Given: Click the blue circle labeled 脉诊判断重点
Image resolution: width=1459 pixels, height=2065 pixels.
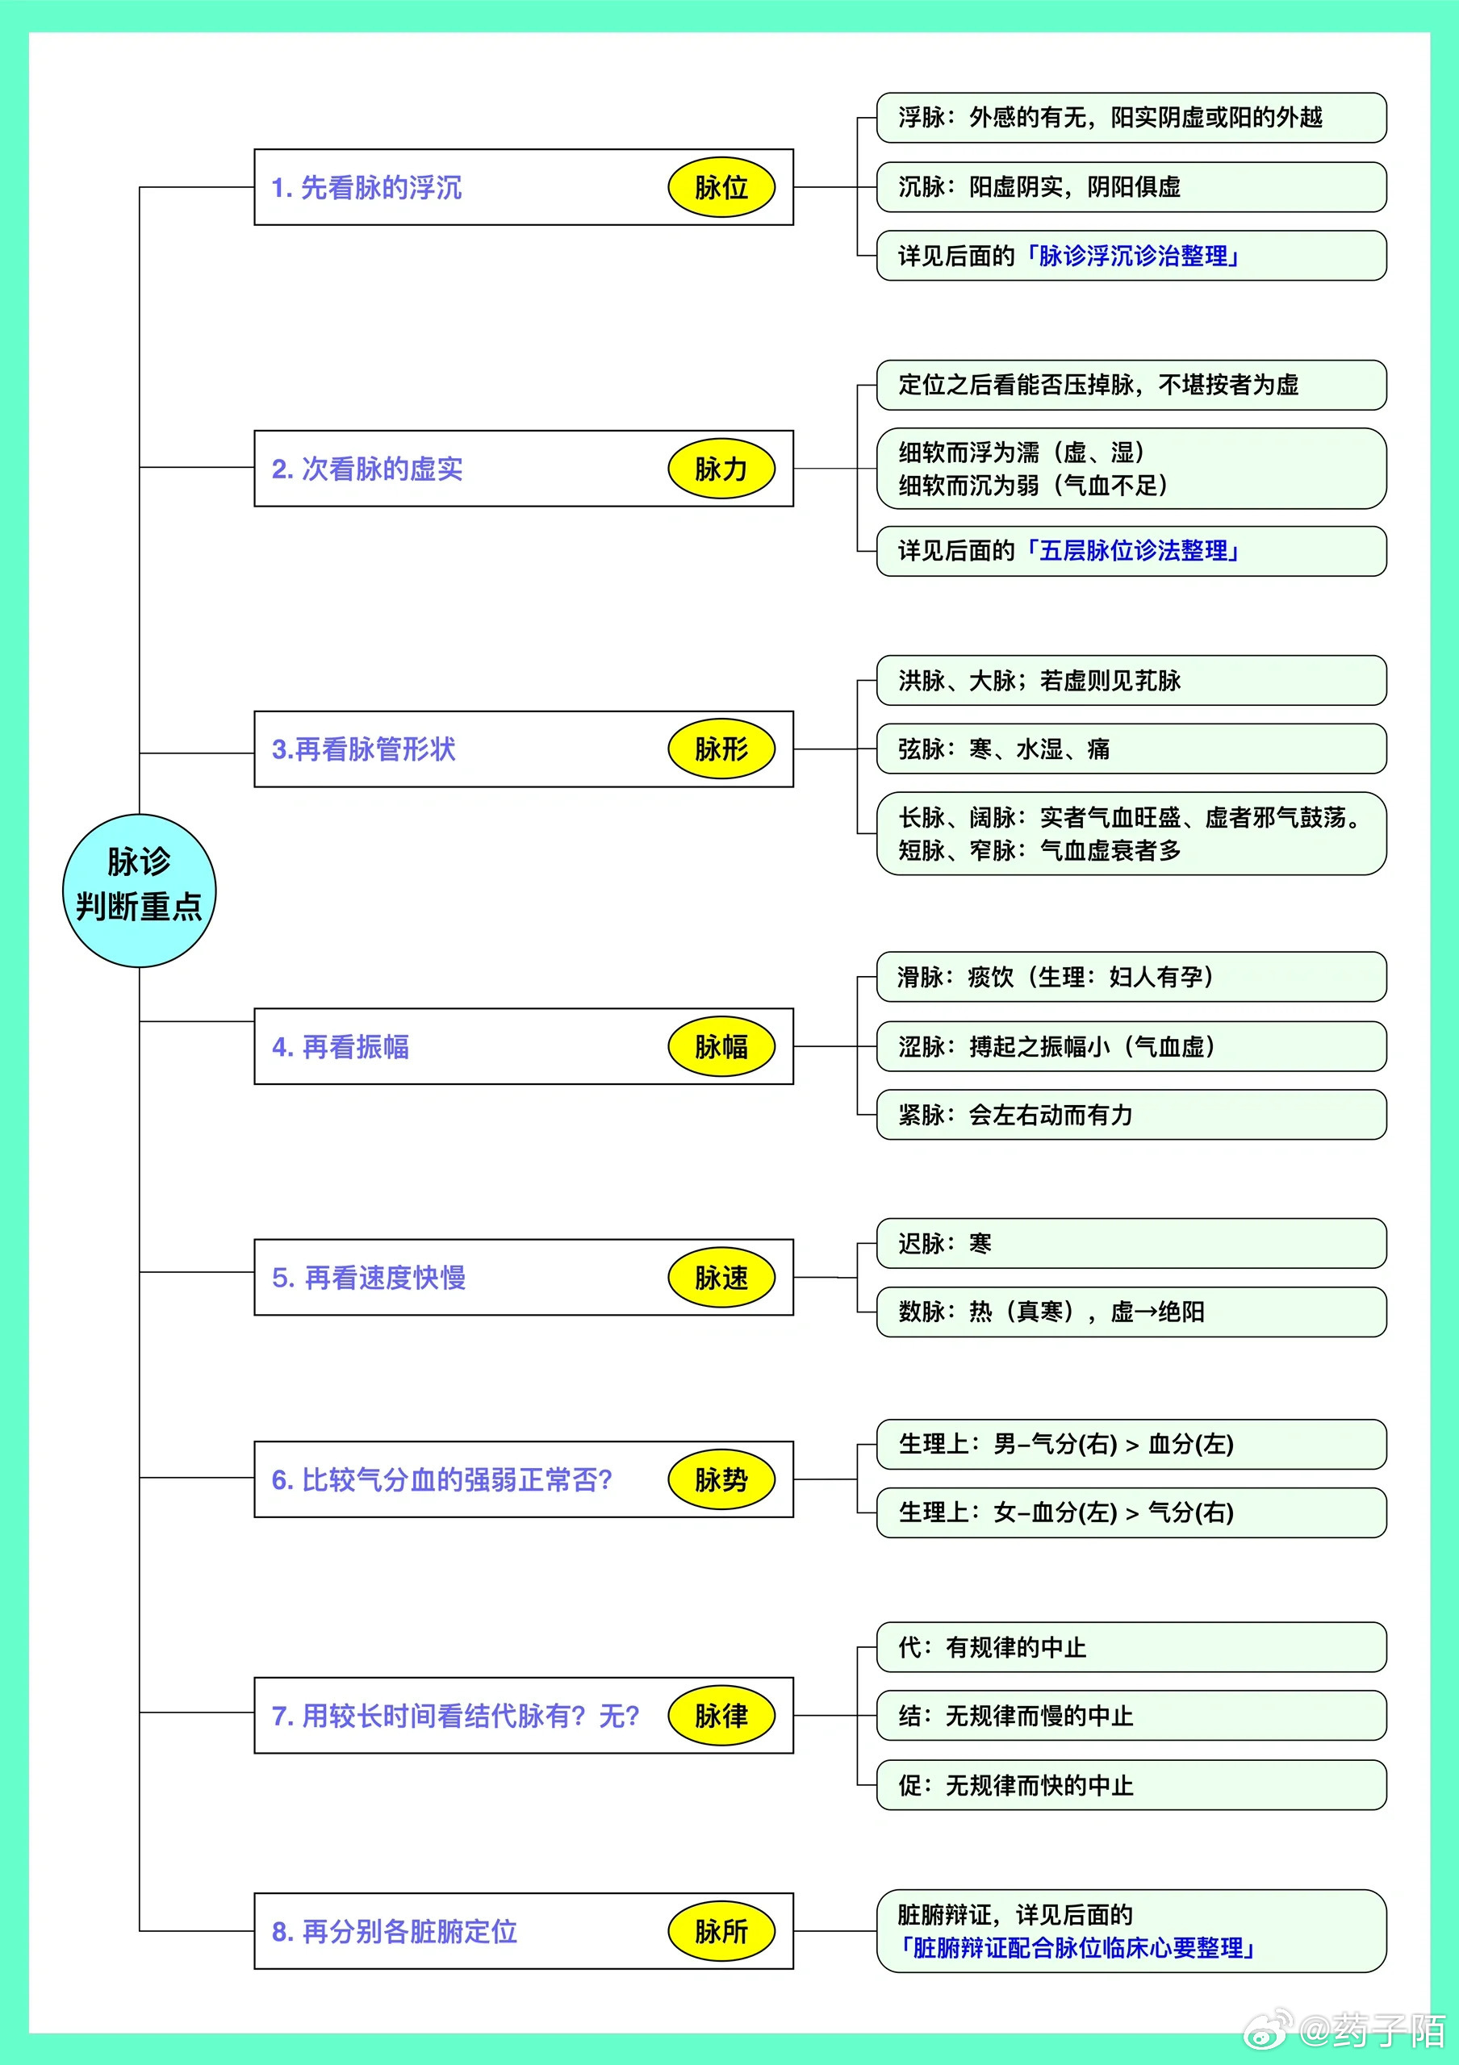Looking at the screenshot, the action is pyautogui.click(x=140, y=891).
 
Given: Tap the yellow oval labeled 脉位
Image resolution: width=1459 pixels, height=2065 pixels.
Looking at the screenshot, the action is pyautogui.click(x=721, y=187).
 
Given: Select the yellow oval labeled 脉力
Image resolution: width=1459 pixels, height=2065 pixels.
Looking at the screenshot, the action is pyautogui.click(x=721, y=469).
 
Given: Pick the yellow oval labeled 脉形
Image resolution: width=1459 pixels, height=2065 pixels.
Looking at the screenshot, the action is pyautogui.click(x=721, y=749).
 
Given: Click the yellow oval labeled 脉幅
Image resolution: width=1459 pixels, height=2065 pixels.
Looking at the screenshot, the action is pyautogui.click(x=721, y=1046).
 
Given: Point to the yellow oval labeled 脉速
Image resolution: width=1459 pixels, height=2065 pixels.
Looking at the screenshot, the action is pyautogui.click(x=721, y=1277).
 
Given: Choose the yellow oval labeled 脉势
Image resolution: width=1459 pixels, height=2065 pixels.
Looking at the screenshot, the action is pyautogui.click(x=721, y=1479).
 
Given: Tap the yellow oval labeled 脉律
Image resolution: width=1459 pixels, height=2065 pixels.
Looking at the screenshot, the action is pyautogui.click(x=721, y=1715).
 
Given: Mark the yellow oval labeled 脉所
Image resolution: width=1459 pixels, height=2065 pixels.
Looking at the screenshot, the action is pyautogui.click(x=721, y=1931).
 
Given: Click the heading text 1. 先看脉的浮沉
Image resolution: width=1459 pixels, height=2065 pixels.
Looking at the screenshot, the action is pyautogui.click(x=367, y=188).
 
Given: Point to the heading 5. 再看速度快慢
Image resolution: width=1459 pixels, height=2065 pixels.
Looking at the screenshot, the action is pyautogui.click(x=369, y=1278).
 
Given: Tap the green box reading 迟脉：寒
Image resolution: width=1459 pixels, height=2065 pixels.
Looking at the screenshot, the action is pyautogui.click(x=1131, y=1243).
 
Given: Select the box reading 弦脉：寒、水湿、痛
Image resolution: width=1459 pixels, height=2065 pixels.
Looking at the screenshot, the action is pyautogui.click(x=1131, y=749).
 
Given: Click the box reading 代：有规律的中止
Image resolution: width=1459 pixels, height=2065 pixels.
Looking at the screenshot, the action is pyautogui.click(x=1131, y=1647).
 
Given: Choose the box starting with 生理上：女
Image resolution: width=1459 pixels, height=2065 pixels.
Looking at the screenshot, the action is pyautogui.click(x=1131, y=1512).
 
